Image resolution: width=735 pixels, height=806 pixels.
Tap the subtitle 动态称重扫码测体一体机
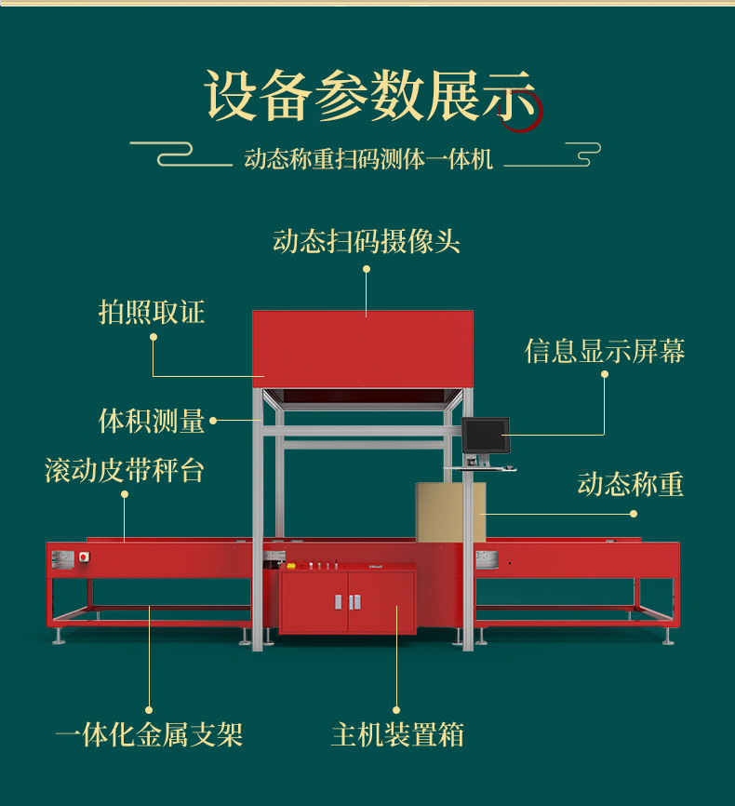tap(368, 159)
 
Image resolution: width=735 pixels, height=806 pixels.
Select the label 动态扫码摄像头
tap(367, 242)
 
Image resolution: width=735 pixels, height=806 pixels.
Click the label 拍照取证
tap(152, 312)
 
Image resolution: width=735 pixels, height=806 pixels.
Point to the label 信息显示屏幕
tap(605, 351)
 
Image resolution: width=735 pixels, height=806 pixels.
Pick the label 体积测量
tap(152, 421)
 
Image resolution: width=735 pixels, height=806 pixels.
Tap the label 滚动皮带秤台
tap(125, 470)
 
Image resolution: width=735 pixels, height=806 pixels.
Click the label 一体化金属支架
tap(149, 735)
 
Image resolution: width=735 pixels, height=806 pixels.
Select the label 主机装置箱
tap(397, 735)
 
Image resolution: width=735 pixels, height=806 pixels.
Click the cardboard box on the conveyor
tap(450, 511)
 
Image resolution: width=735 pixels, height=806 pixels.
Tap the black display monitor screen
tap(486, 435)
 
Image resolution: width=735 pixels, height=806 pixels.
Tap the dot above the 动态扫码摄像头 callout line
tap(367, 269)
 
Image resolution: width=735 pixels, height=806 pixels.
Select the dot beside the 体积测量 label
tap(213, 421)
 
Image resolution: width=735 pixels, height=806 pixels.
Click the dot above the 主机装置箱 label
tap(397, 709)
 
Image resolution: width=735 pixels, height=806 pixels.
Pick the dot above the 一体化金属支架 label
tap(149, 709)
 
